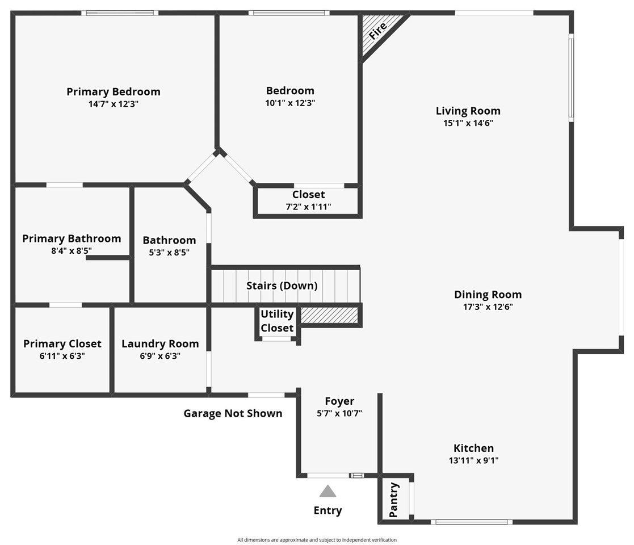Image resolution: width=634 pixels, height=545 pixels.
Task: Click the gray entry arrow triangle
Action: tap(328, 491)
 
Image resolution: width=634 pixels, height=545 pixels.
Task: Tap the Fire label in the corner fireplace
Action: tap(377, 31)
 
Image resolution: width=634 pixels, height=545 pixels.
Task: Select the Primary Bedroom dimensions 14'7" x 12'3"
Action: tap(114, 104)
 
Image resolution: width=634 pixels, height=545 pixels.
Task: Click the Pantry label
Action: tap(393, 500)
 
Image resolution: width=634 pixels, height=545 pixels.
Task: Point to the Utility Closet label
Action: tap(277, 321)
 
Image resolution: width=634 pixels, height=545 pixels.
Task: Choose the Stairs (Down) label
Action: tap(282, 286)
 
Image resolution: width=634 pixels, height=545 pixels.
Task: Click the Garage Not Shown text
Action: tap(233, 413)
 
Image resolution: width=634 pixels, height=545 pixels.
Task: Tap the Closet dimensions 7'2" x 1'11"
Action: tap(309, 207)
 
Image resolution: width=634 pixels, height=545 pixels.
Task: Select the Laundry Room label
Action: tap(160, 343)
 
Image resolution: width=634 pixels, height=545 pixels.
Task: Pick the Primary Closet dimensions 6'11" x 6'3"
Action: tap(62, 356)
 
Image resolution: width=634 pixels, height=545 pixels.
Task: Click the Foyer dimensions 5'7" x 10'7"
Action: tap(339, 413)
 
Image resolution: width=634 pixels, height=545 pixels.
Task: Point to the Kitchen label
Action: tap(473, 448)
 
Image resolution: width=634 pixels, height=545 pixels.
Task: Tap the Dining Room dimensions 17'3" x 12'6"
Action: tap(488, 307)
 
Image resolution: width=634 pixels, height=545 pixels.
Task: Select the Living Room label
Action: tap(468, 111)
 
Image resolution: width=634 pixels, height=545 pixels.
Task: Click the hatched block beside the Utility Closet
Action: tap(330, 315)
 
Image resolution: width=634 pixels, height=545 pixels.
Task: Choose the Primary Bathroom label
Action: tap(72, 238)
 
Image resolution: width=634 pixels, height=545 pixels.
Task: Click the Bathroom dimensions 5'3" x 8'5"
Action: tap(169, 252)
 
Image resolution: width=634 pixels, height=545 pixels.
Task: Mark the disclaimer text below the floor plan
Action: tap(317, 540)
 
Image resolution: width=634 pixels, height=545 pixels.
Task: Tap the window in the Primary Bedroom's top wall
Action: tap(120, 13)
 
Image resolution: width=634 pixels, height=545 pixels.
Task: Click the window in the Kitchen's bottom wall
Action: tap(472, 522)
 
